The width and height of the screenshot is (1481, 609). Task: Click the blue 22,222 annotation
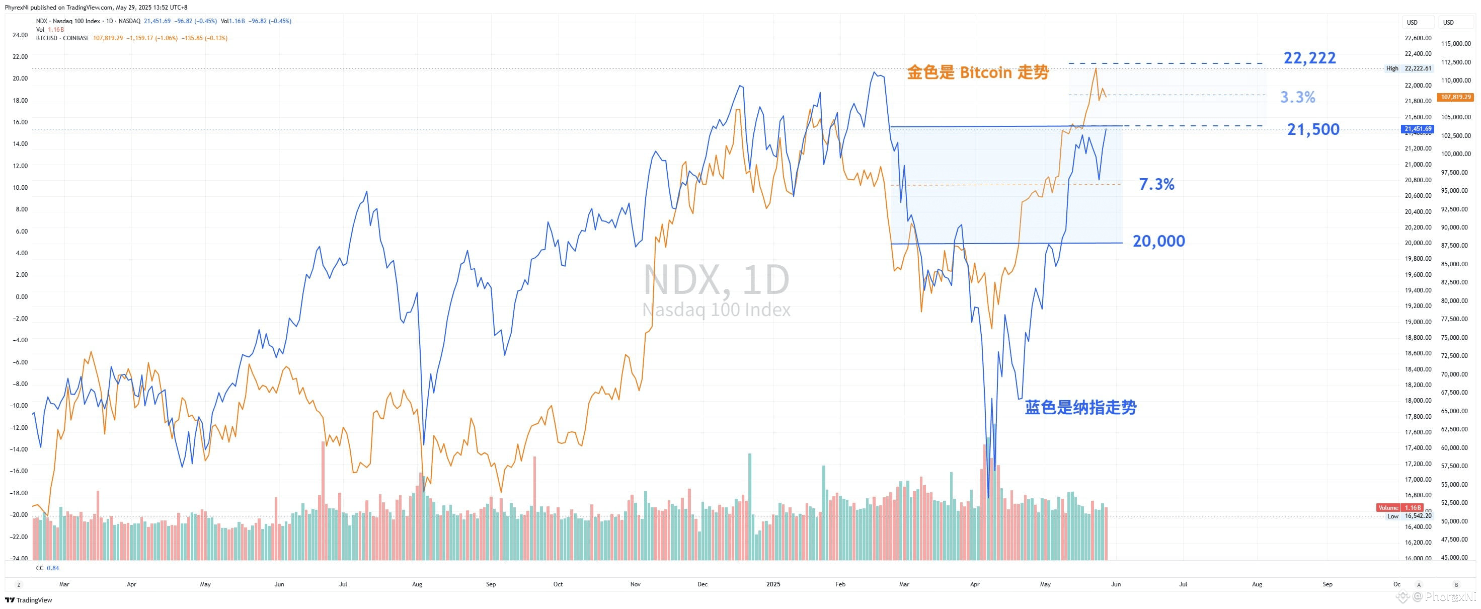(x=1310, y=58)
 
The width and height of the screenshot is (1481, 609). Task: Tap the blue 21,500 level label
(x=1313, y=129)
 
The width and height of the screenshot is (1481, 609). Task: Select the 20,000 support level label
(x=1158, y=241)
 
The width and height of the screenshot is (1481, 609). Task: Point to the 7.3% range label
(x=1156, y=184)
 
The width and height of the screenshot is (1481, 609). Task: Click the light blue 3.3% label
(x=1298, y=97)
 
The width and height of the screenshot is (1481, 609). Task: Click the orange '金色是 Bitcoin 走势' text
(x=977, y=72)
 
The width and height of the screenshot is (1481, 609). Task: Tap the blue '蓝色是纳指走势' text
(x=1080, y=408)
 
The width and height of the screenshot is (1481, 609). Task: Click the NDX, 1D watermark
(x=716, y=280)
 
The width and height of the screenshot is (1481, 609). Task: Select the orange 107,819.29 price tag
(x=1455, y=97)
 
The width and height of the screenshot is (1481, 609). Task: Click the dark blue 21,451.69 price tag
(x=1417, y=129)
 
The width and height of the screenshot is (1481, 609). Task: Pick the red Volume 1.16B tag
(x=1399, y=508)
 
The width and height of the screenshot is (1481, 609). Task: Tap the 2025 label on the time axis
(x=773, y=584)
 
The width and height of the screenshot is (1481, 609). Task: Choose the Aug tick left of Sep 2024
(x=417, y=584)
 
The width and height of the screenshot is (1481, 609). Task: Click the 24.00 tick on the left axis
(x=20, y=35)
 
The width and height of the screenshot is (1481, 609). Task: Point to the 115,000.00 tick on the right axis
(x=1456, y=44)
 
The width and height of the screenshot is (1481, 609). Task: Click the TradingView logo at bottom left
(x=29, y=600)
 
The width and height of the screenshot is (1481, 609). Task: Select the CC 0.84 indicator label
(x=47, y=568)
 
